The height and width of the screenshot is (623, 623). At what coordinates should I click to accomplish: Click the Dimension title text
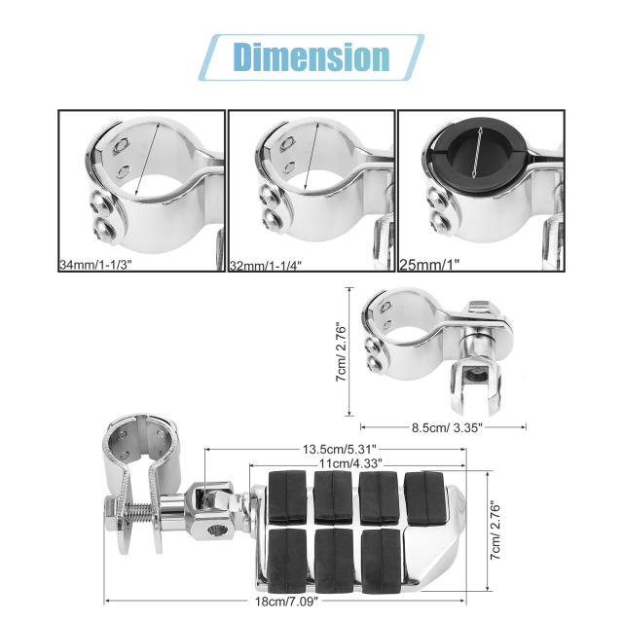coord(311,57)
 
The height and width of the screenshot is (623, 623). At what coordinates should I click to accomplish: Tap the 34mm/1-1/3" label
coord(95,265)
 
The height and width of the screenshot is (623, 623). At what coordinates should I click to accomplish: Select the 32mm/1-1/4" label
coord(266,265)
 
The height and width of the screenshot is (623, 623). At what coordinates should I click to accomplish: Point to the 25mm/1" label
coord(429,264)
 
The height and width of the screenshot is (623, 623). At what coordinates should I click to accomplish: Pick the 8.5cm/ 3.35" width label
coord(447,428)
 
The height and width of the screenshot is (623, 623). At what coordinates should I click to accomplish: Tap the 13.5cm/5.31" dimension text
coord(340,450)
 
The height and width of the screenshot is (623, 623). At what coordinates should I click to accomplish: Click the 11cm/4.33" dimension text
coord(350,463)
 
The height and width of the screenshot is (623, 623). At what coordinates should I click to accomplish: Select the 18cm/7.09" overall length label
coord(287,602)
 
